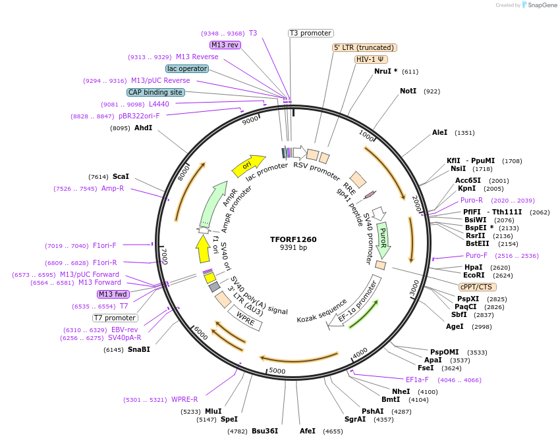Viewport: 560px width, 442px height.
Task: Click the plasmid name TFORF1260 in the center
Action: click(293, 239)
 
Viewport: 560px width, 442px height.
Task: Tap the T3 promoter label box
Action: click(311, 33)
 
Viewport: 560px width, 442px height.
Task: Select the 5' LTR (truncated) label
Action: click(364, 47)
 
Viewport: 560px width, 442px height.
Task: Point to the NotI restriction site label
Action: click(408, 91)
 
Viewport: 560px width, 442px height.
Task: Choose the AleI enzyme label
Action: click(439, 133)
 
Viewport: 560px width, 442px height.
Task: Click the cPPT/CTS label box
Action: click(478, 287)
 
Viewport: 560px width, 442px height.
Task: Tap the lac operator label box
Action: click(187, 68)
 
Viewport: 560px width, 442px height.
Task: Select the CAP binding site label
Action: click(155, 93)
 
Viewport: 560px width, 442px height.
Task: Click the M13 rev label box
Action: click(225, 45)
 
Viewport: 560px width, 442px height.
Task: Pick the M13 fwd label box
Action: click(113, 294)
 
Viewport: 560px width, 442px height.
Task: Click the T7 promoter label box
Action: click(115, 318)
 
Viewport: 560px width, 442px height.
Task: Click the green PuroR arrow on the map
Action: click(383, 239)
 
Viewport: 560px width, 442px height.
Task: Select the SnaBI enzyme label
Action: click(138, 349)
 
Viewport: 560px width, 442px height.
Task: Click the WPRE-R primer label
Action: click(184, 399)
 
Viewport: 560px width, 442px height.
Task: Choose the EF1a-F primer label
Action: click(417, 380)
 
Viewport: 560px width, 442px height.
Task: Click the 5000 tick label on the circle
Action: click(277, 371)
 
